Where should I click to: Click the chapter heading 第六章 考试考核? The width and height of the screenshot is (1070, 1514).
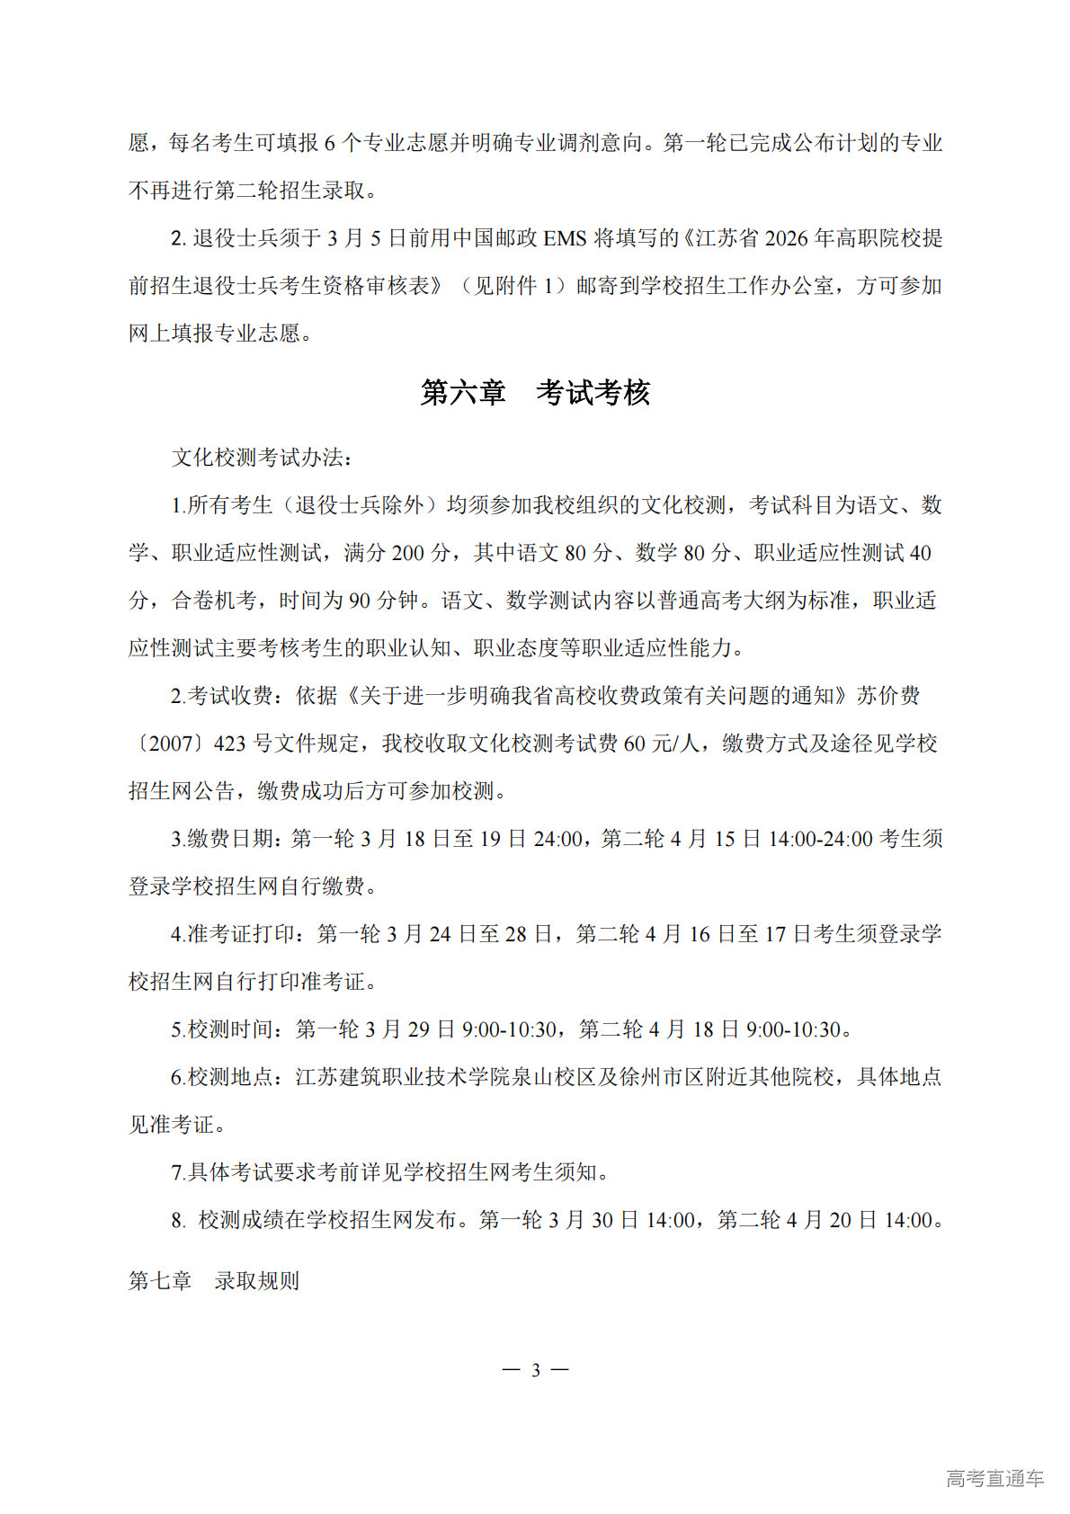point(535,393)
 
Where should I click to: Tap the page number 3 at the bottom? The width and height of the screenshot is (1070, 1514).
point(535,1370)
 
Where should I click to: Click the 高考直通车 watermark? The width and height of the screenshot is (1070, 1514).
point(994,1478)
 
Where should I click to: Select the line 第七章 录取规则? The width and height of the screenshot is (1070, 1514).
point(214,1281)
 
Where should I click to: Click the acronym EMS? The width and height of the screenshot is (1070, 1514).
point(565,238)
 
